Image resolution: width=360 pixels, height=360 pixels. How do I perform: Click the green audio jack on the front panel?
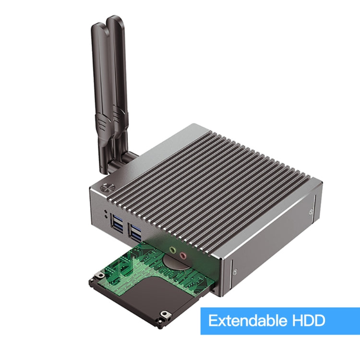pyautogui.click(x=172, y=250)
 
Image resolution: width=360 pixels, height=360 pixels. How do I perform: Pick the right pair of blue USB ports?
pyautogui.click(x=135, y=234)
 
